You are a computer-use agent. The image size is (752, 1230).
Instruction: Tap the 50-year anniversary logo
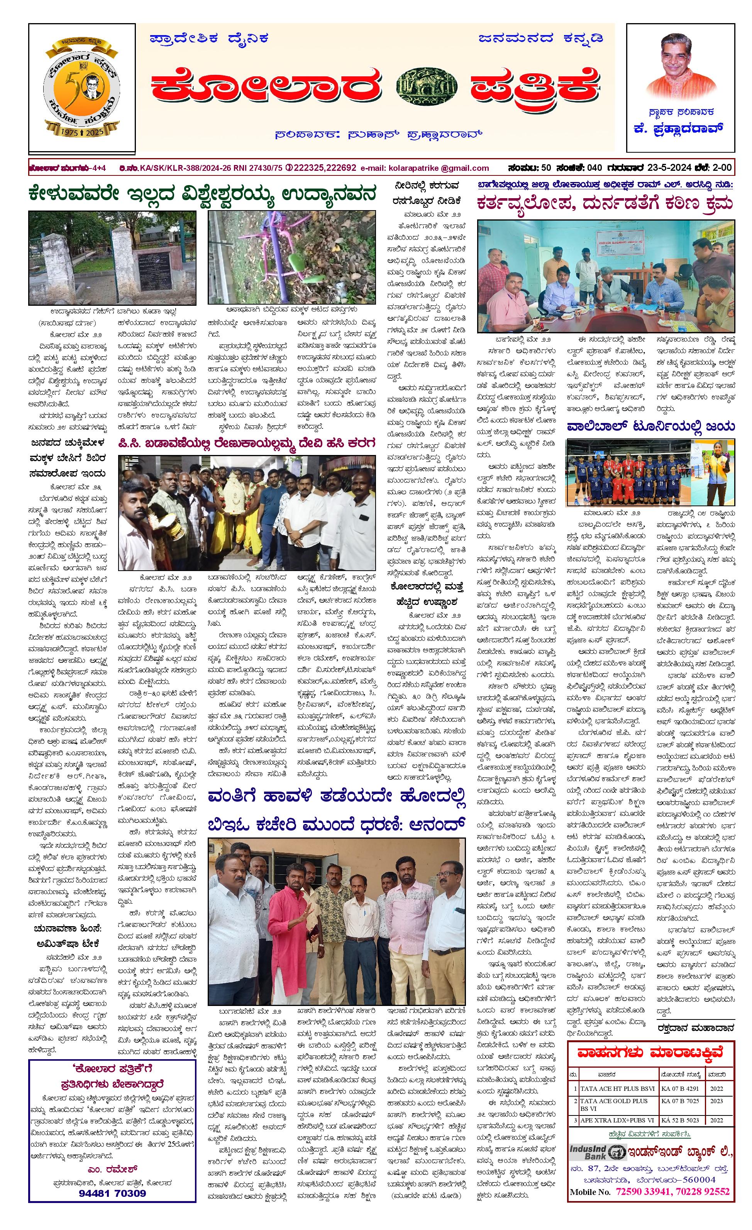click(81, 88)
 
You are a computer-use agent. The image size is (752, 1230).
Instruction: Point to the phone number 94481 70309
click(112, 1193)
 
